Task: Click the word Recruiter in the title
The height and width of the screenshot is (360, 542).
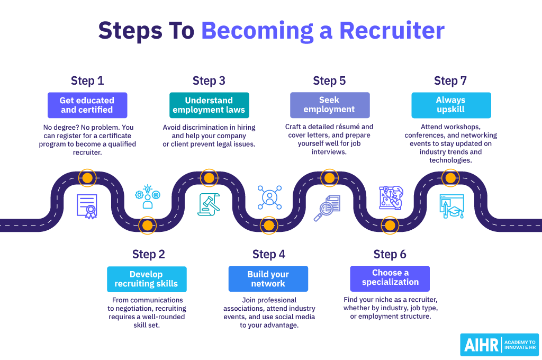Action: click(392, 31)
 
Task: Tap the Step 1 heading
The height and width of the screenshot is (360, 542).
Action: click(87, 81)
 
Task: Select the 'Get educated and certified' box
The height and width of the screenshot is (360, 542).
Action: click(87, 105)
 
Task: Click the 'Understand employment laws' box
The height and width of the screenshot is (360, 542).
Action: click(209, 105)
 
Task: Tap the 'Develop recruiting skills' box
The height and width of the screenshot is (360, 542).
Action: click(147, 279)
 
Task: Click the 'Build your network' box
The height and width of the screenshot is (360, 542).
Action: click(268, 279)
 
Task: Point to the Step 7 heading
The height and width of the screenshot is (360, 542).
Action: click(450, 81)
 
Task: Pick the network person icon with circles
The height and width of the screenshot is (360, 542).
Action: click(269, 197)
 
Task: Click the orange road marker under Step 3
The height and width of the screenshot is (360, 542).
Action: click(209, 178)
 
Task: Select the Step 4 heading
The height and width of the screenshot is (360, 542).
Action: click(269, 254)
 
